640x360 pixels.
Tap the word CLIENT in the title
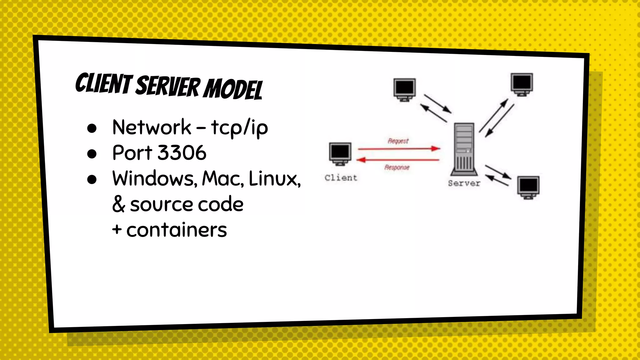point(104,84)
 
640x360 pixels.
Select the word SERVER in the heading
point(168,86)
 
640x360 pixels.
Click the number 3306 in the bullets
point(182,153)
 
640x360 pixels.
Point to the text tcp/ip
point(239,127)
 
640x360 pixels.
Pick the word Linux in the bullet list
point(274,178)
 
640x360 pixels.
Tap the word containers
point(177,230)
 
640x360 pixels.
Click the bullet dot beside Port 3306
point(92,153)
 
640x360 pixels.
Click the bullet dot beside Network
point(92,128)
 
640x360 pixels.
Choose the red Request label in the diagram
point(398,141)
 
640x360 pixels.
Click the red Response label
point(397,167)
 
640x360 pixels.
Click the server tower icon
point(464,149)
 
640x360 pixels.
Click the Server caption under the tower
point(464,183)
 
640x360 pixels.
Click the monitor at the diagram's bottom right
point(528,187)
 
